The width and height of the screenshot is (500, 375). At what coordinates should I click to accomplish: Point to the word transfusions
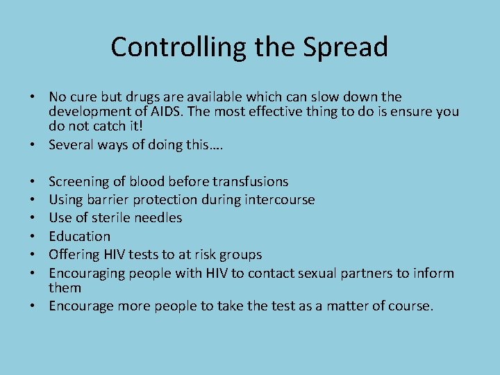pos(251,182)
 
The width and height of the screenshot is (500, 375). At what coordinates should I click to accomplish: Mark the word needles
pos(158,218)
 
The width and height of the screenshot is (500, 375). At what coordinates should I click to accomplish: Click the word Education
pos(80,237)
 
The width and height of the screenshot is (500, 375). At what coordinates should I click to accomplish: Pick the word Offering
pos(74,255)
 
